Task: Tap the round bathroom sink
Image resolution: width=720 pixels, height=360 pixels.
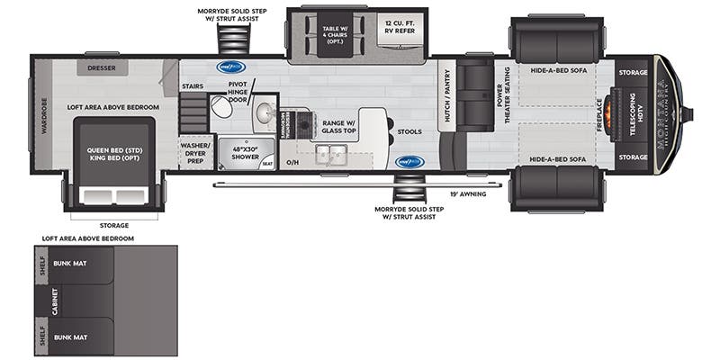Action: click(265, 112)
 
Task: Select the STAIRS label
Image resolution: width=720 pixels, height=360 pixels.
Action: click(192, 86)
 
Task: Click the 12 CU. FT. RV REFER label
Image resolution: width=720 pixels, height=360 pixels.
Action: click(400, 28)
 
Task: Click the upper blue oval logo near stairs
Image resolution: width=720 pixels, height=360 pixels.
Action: click(230, 66)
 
